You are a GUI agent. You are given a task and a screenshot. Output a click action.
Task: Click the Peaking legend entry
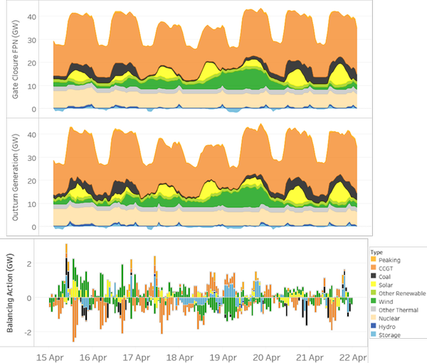point(386,260)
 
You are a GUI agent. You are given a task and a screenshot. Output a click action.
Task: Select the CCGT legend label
point(386,268)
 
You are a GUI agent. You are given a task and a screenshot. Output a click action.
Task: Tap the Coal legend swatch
point(374,276)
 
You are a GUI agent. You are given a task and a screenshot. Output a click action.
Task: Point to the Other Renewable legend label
point(402,293)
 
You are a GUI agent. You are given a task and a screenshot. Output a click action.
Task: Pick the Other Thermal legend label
point(399,310)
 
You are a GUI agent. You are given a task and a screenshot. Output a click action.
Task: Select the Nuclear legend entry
point(385,318)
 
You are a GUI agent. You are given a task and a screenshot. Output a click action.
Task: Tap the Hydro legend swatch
point(374,326)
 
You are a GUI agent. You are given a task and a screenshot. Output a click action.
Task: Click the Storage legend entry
point(386,335)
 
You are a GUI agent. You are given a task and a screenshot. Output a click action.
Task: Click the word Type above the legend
point(376,252)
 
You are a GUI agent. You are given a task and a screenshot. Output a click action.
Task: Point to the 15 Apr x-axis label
point(50,357)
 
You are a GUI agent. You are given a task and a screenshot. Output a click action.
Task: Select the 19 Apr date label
point(223,357)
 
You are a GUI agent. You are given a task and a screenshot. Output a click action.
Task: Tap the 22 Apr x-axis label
point(353,357)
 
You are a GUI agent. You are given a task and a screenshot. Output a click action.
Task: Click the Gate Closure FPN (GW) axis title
point(16,59)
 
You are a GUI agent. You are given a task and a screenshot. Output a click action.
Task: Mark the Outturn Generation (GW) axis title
point(16,177)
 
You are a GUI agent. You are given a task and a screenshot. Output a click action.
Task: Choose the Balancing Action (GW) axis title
point(10,293)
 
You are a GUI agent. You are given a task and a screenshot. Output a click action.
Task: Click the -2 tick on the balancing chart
point(28,332)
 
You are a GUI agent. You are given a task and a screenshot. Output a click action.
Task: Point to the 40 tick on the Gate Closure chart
point(32,17)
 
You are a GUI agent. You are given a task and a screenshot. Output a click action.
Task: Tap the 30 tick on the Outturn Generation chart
point(32,158)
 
